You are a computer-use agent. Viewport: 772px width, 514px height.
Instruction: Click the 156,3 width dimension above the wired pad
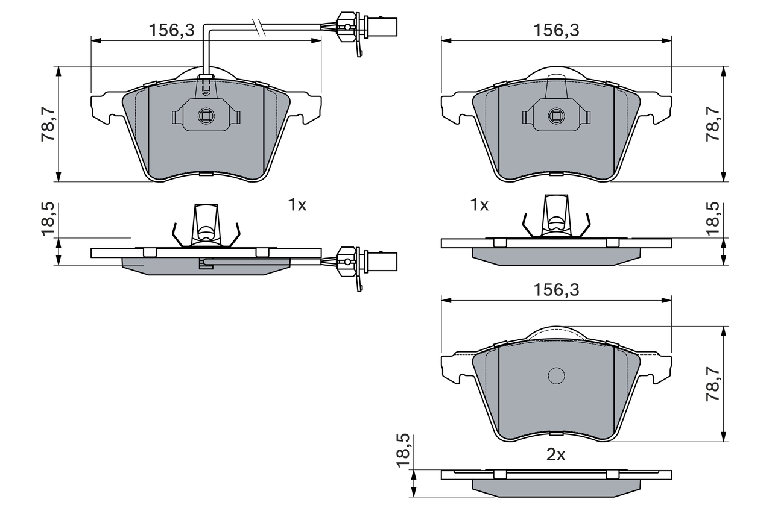[x=172, y=30]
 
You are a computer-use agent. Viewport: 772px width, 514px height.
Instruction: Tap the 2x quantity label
[x=555, y=455]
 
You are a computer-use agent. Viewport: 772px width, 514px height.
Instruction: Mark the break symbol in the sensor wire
[x=260, y=27]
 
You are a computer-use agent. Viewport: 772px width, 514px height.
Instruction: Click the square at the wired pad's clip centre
[x=206, y=116]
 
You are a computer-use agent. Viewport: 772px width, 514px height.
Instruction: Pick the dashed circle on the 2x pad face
[x=556, y=375]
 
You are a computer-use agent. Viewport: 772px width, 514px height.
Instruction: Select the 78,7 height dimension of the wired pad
[x=48, y=124]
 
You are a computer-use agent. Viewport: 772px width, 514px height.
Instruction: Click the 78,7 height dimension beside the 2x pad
[x=712, y=384]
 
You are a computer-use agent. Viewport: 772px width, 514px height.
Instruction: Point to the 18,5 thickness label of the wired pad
[x=48, y=218]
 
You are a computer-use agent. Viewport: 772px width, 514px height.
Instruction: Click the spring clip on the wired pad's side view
[x=206, y=227]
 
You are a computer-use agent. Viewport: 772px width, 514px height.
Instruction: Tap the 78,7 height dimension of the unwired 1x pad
[x=712, y=124]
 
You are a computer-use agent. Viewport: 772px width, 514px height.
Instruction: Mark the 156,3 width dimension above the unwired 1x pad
[x=556, y=30]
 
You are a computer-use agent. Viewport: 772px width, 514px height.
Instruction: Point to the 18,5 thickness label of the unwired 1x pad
[x=712, y=218]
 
